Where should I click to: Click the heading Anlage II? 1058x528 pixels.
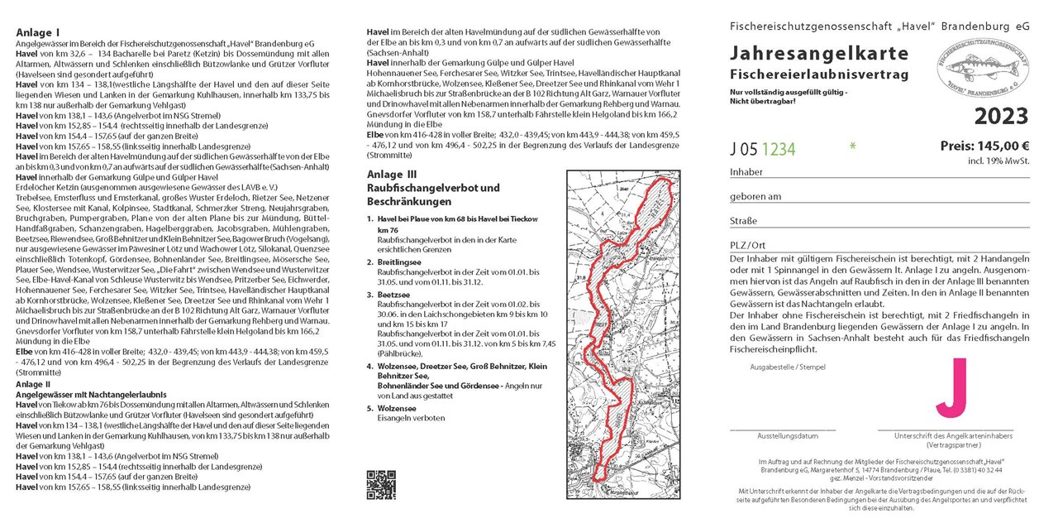pyautogui.click(x=33, y=384)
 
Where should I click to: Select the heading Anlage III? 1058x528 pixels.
pyautogui.click(x=393, y=175)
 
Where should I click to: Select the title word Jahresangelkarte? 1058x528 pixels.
pyautogui.click(x=819, y=54)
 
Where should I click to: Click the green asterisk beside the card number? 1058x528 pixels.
pyautogui.click(x=852, y=147)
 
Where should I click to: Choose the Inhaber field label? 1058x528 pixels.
pyautogui.click(x=746, y=172)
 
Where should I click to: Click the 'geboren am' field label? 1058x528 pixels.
pyautogui.click(x=755, y=196)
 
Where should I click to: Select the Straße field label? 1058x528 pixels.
pyautogui.click(x=743, y=221)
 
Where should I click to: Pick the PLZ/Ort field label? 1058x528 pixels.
pyautogui.click(x=747, y=245)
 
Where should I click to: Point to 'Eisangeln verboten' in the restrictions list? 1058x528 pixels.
pyautogui.click(x=411, y=418)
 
